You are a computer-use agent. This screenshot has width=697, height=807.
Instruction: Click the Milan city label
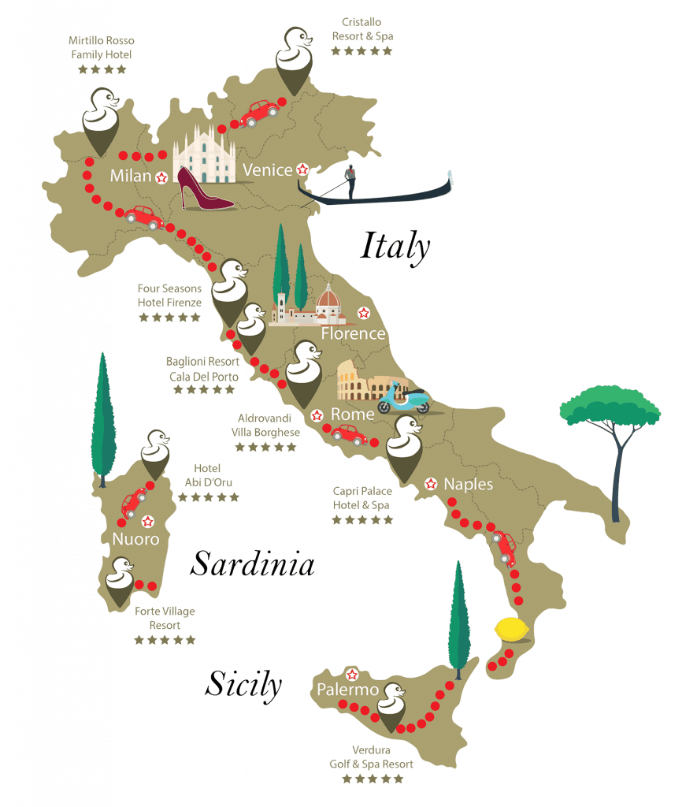point(130,177)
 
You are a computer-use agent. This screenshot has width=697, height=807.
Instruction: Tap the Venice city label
point(268,170)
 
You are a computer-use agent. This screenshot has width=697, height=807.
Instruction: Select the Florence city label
point(353,333)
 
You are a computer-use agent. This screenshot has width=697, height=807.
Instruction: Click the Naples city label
point(469,484)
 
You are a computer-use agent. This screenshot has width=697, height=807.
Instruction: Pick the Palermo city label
point(349,690)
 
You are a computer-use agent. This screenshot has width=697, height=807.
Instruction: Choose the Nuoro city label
point(135,540)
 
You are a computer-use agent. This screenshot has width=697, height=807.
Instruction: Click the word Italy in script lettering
point(395,247)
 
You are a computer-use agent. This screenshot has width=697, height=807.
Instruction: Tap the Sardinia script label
point(253,565)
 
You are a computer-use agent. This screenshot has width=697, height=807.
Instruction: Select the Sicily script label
point(243,684)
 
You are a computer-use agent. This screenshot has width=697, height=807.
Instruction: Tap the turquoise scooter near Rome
point(403,399)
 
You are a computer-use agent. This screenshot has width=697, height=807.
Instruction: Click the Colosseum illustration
point(366,381)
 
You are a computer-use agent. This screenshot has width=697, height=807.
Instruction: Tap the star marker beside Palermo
point(352,675)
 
